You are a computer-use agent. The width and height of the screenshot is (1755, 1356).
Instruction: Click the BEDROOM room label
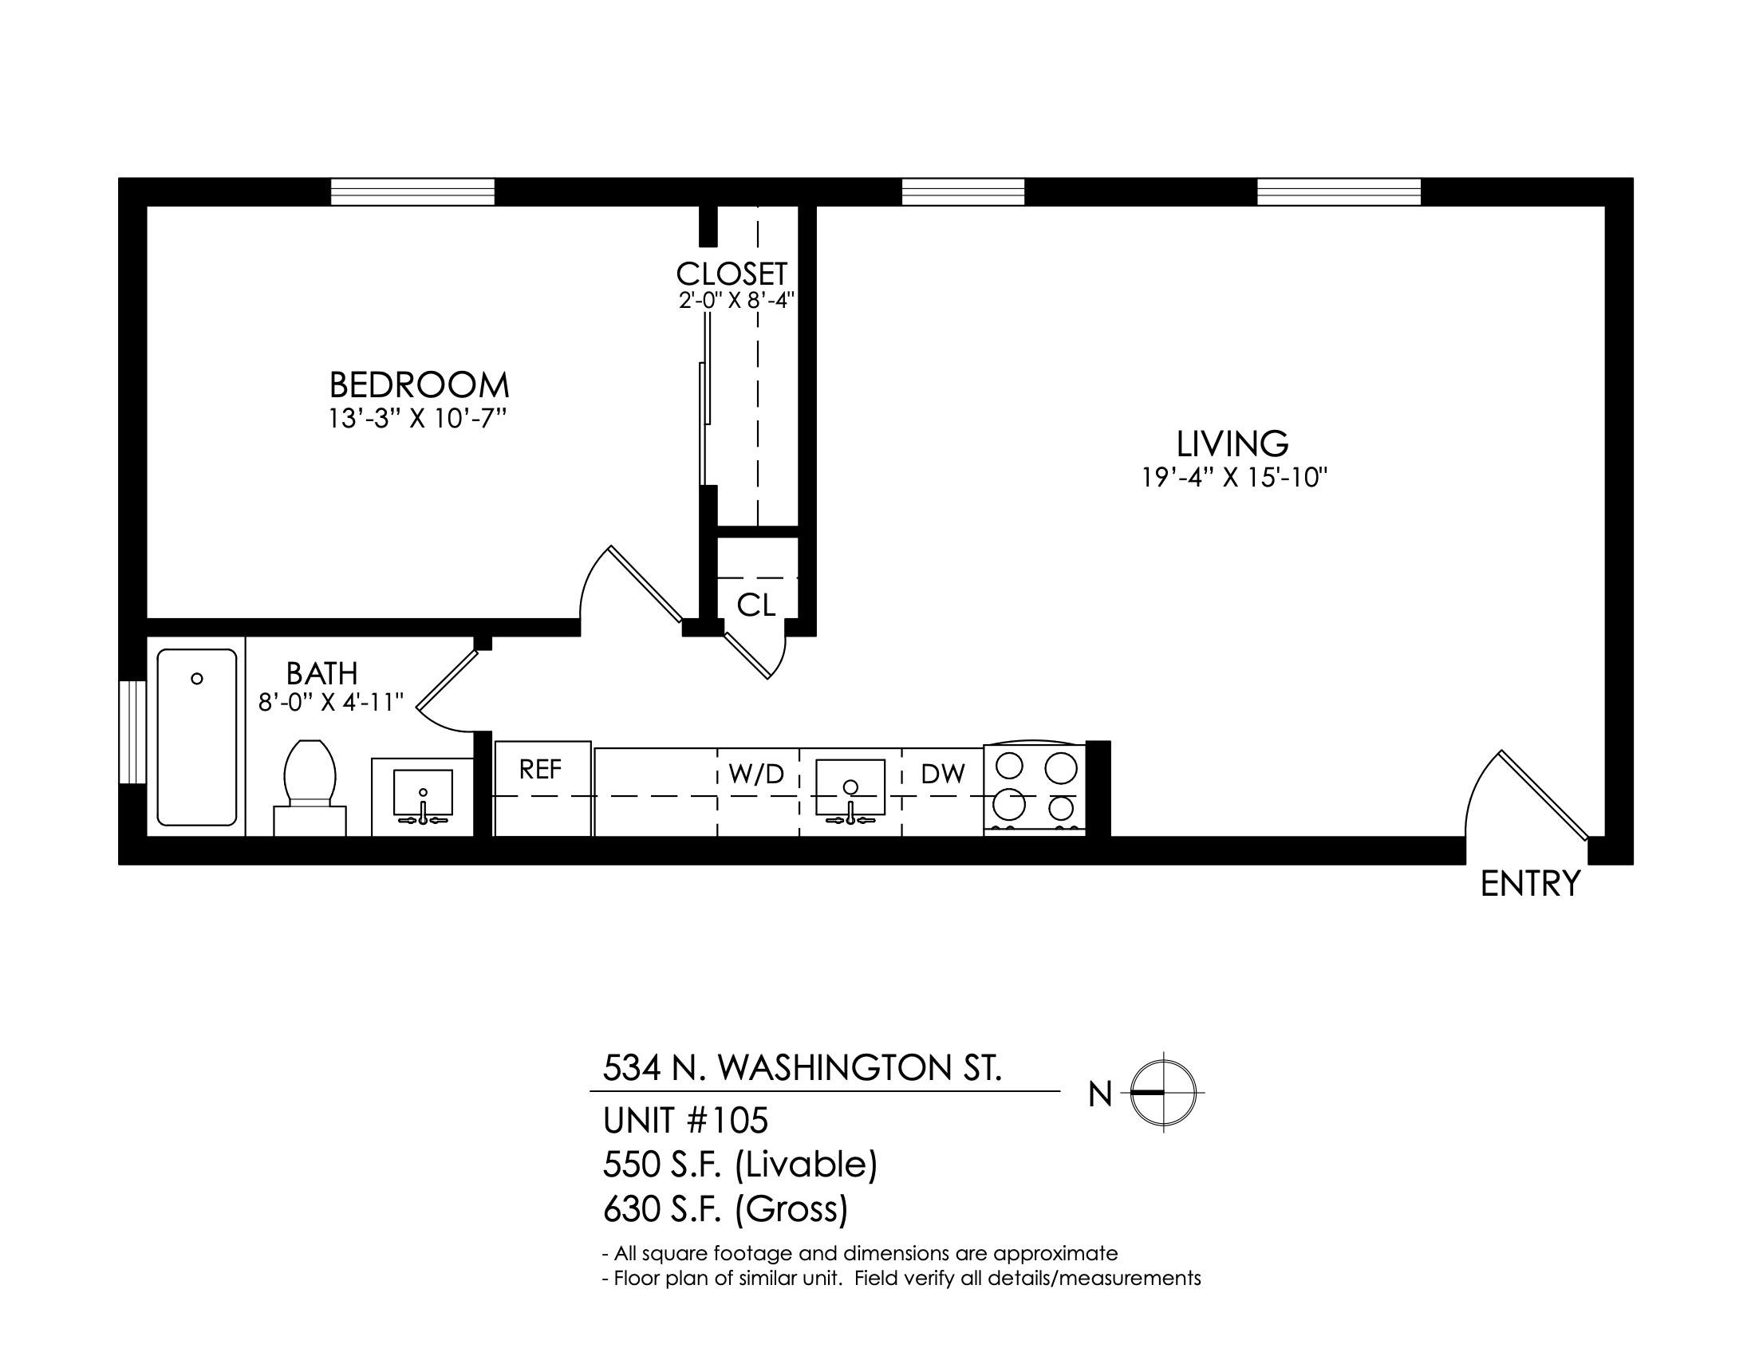pos(419,385)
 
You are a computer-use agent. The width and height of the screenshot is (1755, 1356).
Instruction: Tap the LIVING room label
pos(1232,444)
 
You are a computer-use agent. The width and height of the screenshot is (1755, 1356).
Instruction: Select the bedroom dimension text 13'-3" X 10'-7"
pos(419,419)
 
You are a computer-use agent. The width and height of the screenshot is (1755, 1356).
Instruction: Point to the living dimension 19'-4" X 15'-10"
pos(1233,478)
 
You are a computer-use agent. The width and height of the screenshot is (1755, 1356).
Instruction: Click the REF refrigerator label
pos(540,770)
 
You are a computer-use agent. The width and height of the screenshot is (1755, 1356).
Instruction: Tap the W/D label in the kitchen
pos(755,774)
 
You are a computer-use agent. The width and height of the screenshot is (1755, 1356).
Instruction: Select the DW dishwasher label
pos(943,774)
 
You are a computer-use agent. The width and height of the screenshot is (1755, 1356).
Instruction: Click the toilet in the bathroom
pos(310,787)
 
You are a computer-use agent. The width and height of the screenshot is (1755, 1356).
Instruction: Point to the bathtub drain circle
pos(197,679)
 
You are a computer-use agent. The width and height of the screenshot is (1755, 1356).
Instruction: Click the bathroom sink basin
pos(423,792)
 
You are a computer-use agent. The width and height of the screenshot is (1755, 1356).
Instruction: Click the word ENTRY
pos(1530,884)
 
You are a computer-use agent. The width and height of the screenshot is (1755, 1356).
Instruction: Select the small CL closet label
pos(756,605)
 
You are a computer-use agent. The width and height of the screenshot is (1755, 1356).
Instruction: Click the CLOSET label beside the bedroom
pos(732,274)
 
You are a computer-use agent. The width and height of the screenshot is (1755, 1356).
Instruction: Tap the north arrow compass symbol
pos(1164,1093)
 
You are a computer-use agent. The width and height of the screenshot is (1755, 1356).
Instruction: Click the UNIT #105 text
pos(685,1119)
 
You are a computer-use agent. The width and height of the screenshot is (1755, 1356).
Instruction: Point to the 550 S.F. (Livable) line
pos(740,1164)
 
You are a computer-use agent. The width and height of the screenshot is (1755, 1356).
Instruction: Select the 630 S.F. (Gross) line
pos(726,1209)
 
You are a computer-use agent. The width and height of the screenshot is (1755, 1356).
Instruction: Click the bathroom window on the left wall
pos(132,731)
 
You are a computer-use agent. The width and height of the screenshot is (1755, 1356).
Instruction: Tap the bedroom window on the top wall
pos(413,192)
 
